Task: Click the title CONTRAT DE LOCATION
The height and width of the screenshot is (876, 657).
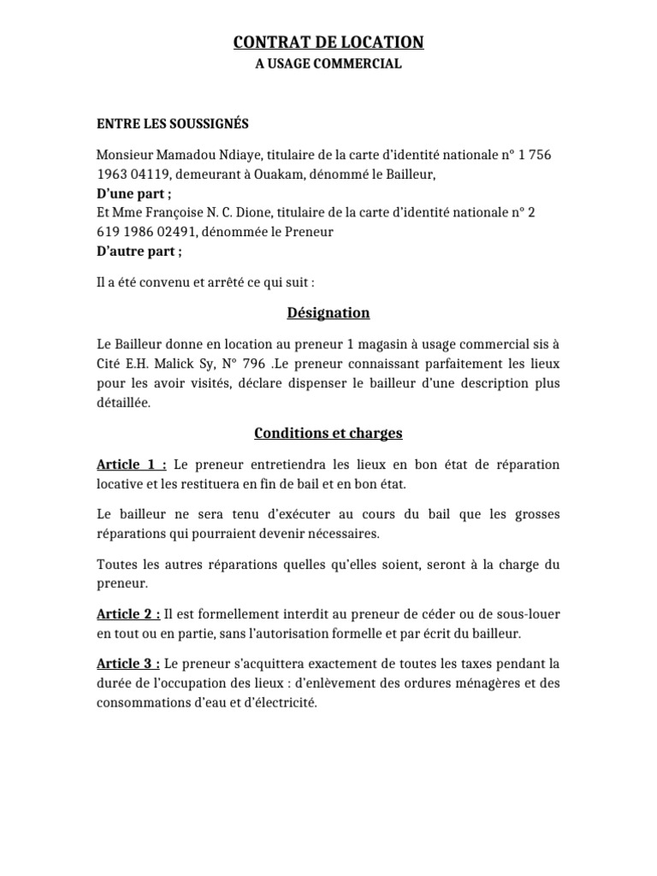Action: (328, 42)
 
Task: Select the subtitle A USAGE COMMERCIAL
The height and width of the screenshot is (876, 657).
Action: (328, 64)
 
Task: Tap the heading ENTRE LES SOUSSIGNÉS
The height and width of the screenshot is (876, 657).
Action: (173, 124)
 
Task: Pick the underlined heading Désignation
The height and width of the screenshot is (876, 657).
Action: (328, 313)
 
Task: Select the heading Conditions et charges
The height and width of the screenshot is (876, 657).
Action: (328, 434)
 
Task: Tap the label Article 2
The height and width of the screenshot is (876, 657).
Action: (127, 615)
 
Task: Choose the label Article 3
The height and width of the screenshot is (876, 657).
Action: (127, 664)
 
